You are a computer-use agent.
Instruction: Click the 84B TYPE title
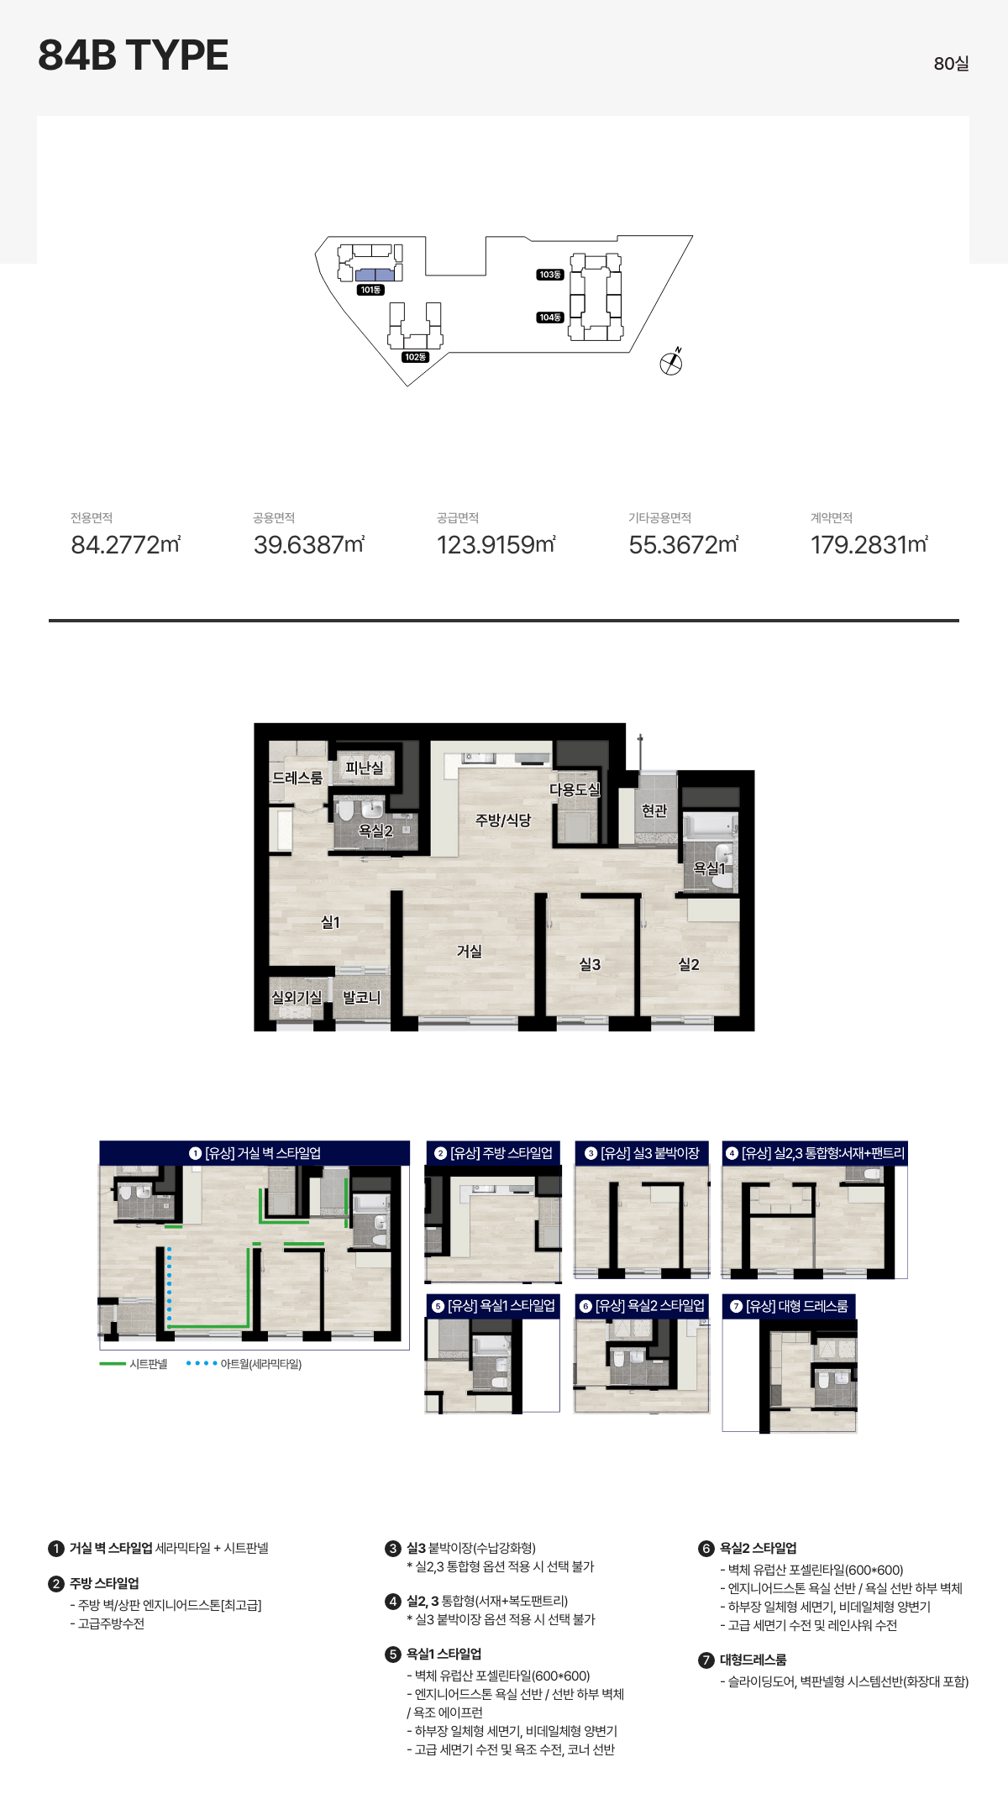[133, 55]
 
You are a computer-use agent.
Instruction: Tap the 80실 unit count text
[951, 64]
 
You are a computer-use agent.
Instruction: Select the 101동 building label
[370, 290]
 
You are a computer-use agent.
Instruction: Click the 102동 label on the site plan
[415, 357]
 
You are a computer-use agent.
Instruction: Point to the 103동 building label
[550, 275]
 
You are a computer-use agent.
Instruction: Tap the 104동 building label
[550, 317]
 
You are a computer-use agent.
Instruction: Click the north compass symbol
[671, 362]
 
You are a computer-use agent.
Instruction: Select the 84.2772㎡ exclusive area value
[126, 545]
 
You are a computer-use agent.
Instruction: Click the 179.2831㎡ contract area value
[869, 545]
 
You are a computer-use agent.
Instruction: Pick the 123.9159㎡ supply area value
[496, 545]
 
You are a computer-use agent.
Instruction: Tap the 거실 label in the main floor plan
[470, 951]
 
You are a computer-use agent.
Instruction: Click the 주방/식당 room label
[503, 820]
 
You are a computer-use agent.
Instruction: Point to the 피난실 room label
[365, 768]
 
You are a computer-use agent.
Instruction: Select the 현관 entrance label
[654, 810]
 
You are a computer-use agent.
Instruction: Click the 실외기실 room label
[297, 997]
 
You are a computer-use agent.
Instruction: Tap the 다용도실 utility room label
[575, 789]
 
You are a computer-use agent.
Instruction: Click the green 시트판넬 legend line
[113, 1364]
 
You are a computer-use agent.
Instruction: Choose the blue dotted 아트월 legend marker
[202, 1364]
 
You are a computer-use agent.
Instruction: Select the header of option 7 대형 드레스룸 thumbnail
[789, 1306]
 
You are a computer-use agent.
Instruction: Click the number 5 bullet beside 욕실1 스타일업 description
[393, 1655]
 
